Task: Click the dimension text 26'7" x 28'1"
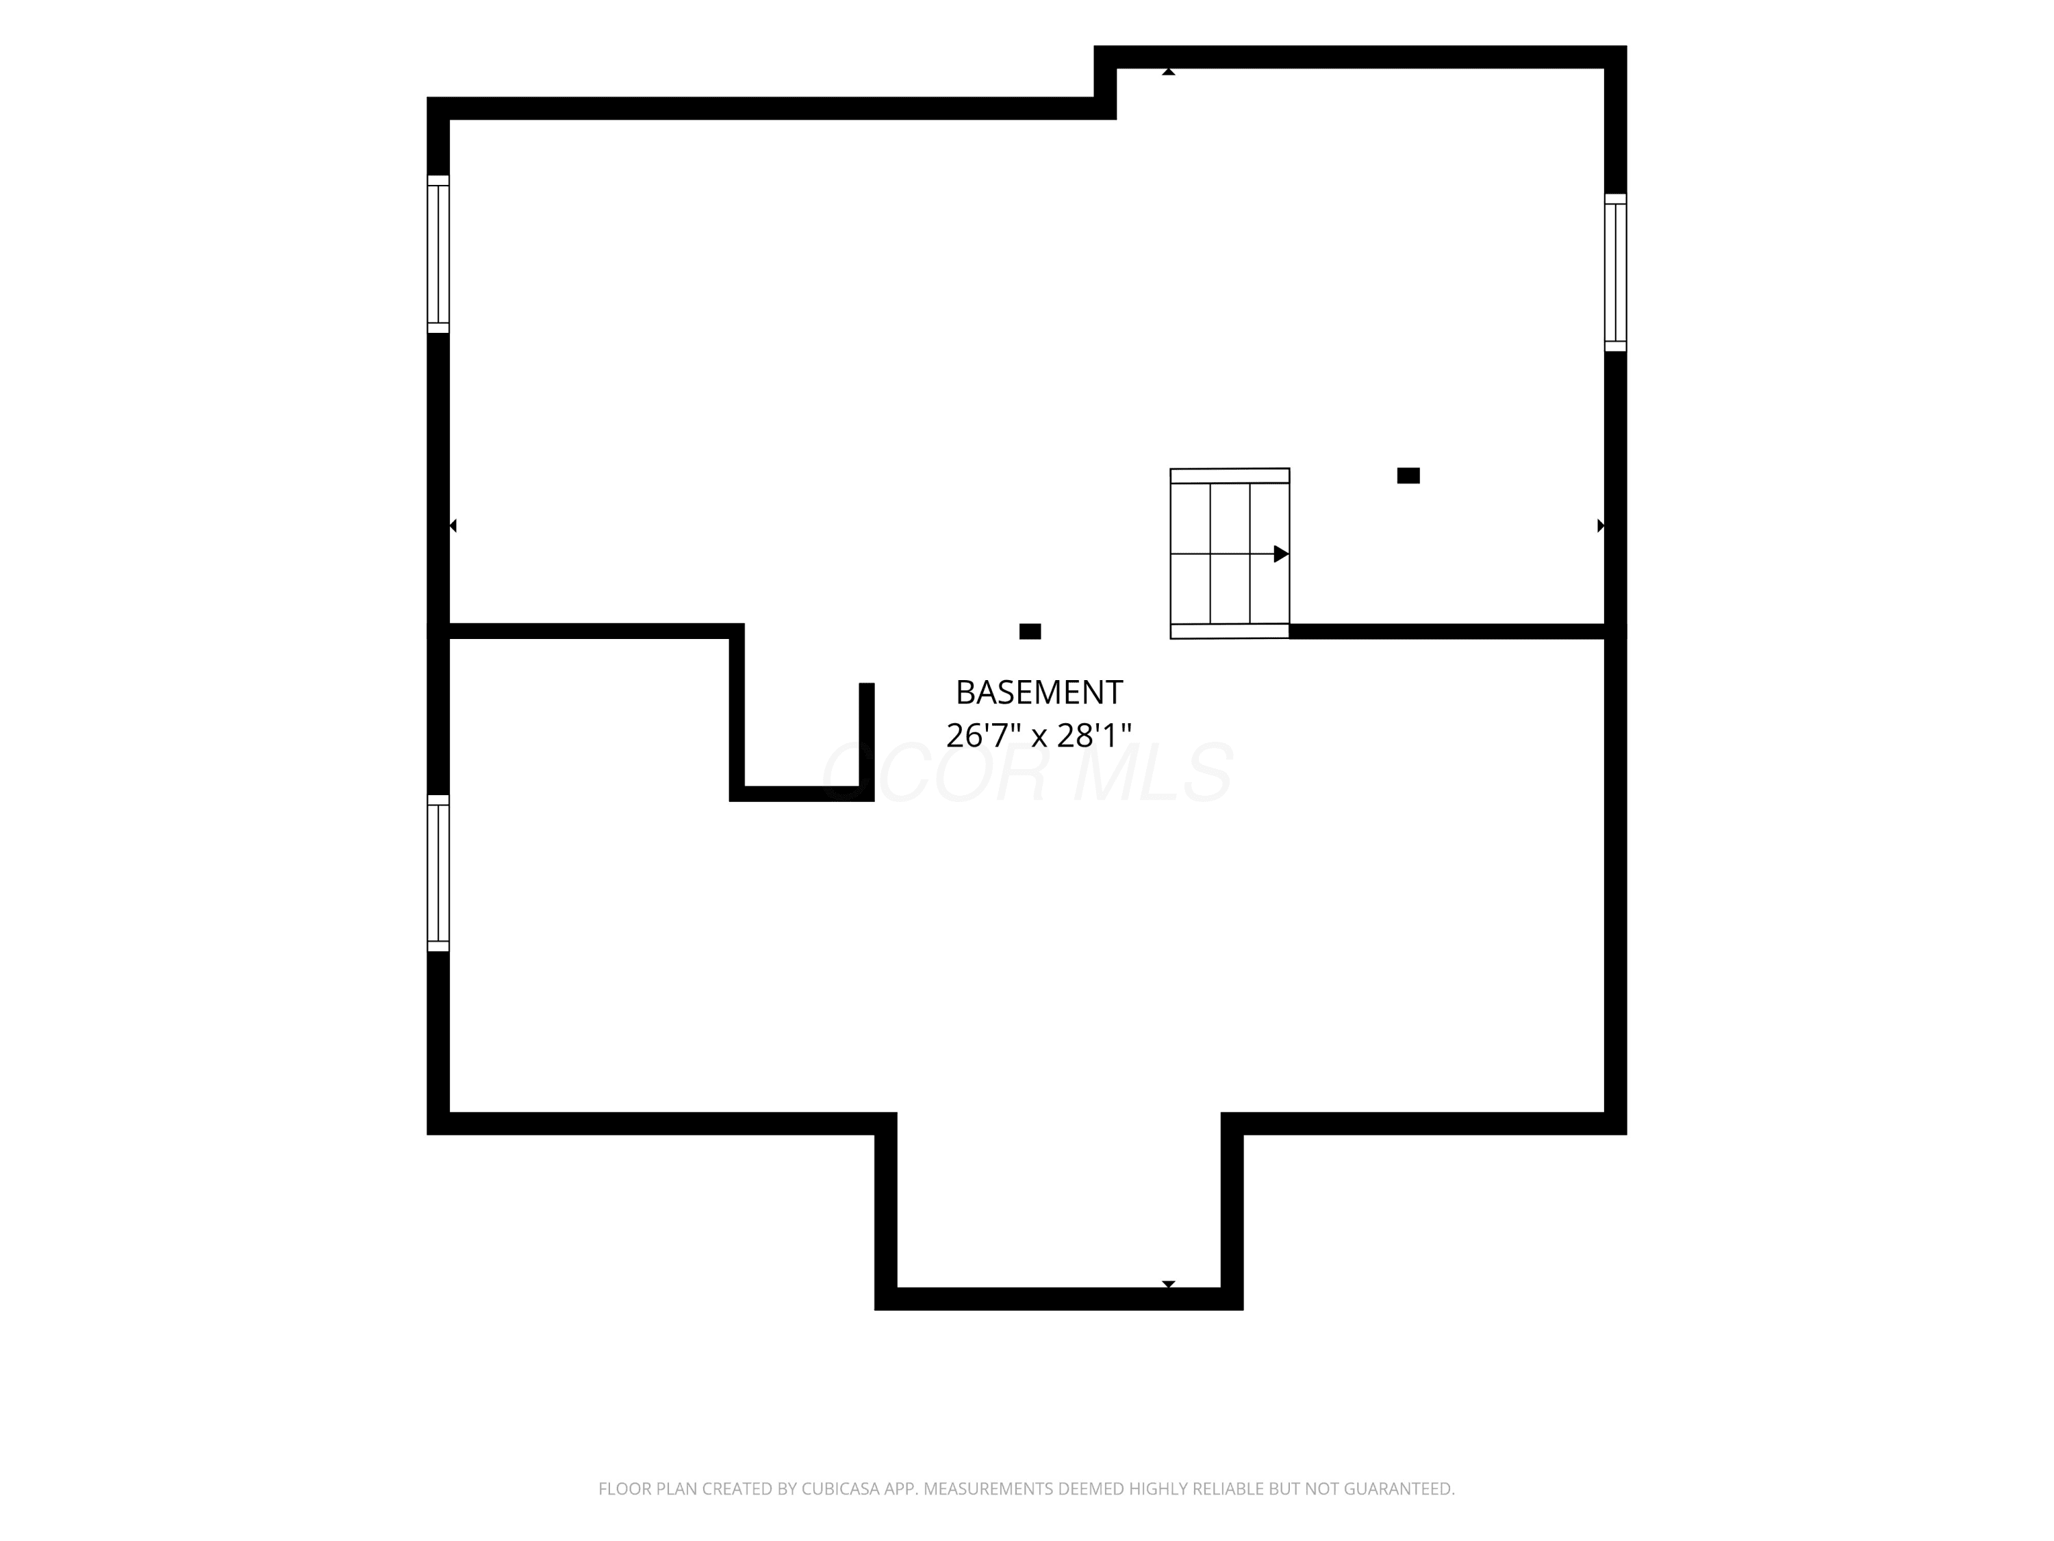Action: pos(1039,736)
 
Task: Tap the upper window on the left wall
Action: pos(438,253)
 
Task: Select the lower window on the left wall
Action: pos(438,873)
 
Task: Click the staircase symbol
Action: pos(1230,553)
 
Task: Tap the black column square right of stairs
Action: pos(1408,475)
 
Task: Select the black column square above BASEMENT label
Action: pos(1030,631)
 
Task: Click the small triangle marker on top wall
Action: pos(1169,71)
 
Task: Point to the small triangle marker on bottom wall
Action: pos(1169,1285)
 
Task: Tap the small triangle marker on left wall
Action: pos(453,526)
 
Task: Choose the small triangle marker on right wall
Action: pos(1601,526)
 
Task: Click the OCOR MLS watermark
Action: pos(1028,773)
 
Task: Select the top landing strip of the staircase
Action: pos(1230,475)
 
